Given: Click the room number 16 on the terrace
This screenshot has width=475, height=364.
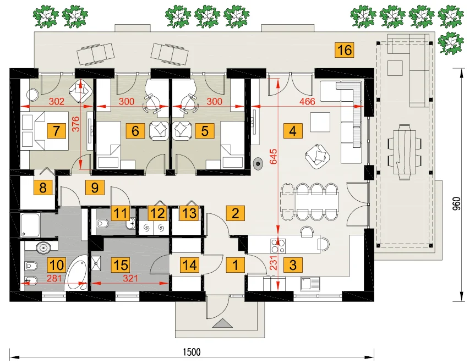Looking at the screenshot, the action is [x=345, y=50].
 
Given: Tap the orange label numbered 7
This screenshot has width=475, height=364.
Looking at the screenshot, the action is [x=56, y=131].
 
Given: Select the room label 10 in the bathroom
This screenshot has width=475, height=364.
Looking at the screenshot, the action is [x=56, y=265].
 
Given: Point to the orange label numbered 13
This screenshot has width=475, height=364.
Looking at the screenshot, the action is [x=189, y=213].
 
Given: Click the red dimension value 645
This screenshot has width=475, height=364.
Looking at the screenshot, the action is [x=273, y=156].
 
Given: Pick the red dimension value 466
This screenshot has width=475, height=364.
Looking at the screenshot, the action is [x=307, y=101].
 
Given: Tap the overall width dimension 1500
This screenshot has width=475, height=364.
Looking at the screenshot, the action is [x=192, y=352].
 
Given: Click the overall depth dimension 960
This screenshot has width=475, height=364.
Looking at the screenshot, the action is [x=457, y=204].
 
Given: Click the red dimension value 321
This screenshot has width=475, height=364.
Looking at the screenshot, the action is [x=130, y=278].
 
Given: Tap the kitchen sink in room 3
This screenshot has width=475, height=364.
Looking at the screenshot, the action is [x=310, y=284].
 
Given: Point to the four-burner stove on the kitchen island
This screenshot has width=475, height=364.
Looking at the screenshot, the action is [x=279, y=246].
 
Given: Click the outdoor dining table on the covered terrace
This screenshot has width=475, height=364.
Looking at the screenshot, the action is [x=405, y=152].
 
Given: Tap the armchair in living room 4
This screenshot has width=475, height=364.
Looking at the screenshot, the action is [x=318, y=156].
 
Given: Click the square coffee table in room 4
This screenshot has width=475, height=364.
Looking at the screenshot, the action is [x=320, y=122].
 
